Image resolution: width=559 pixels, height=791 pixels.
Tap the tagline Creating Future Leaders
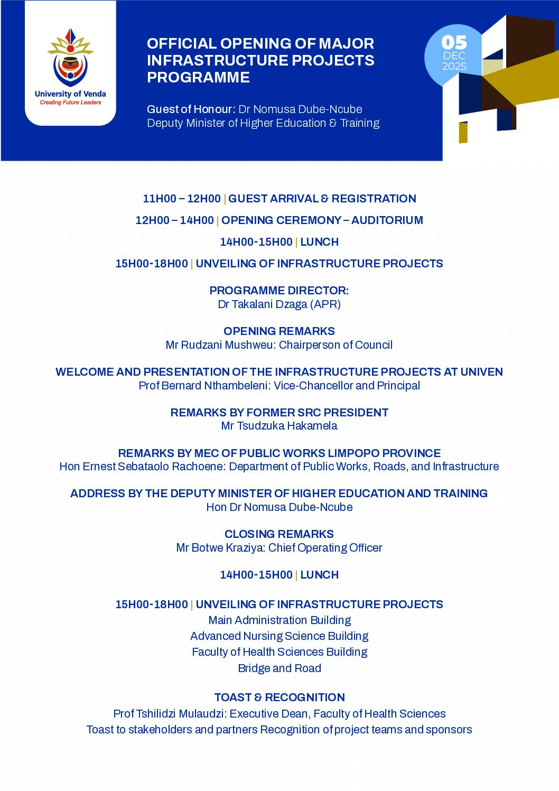point(70,103)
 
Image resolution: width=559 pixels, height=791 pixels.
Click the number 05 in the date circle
point(454,42)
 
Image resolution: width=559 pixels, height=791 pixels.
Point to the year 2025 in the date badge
point(454,67)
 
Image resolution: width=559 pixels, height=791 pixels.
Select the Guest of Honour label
point(191,109)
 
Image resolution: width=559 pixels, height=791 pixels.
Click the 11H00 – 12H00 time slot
point(182,199)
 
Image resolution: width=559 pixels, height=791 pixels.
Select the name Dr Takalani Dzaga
point(263,304)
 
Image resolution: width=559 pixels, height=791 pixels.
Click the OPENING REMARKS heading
point(279,331)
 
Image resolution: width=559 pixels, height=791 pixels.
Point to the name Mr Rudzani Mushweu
point(221,345)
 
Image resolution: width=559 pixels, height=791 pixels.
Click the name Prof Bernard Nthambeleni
point(204,386)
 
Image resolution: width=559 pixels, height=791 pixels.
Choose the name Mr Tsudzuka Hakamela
point(279,426)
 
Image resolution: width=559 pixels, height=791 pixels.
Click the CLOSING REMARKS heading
point(279,534)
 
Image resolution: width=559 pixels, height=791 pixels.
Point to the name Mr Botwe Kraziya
point(220,548)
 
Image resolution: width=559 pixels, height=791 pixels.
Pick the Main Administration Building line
point(279,620)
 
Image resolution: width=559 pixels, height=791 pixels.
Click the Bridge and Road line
point(279,668)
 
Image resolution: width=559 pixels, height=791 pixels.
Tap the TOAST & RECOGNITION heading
point(279,697)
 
